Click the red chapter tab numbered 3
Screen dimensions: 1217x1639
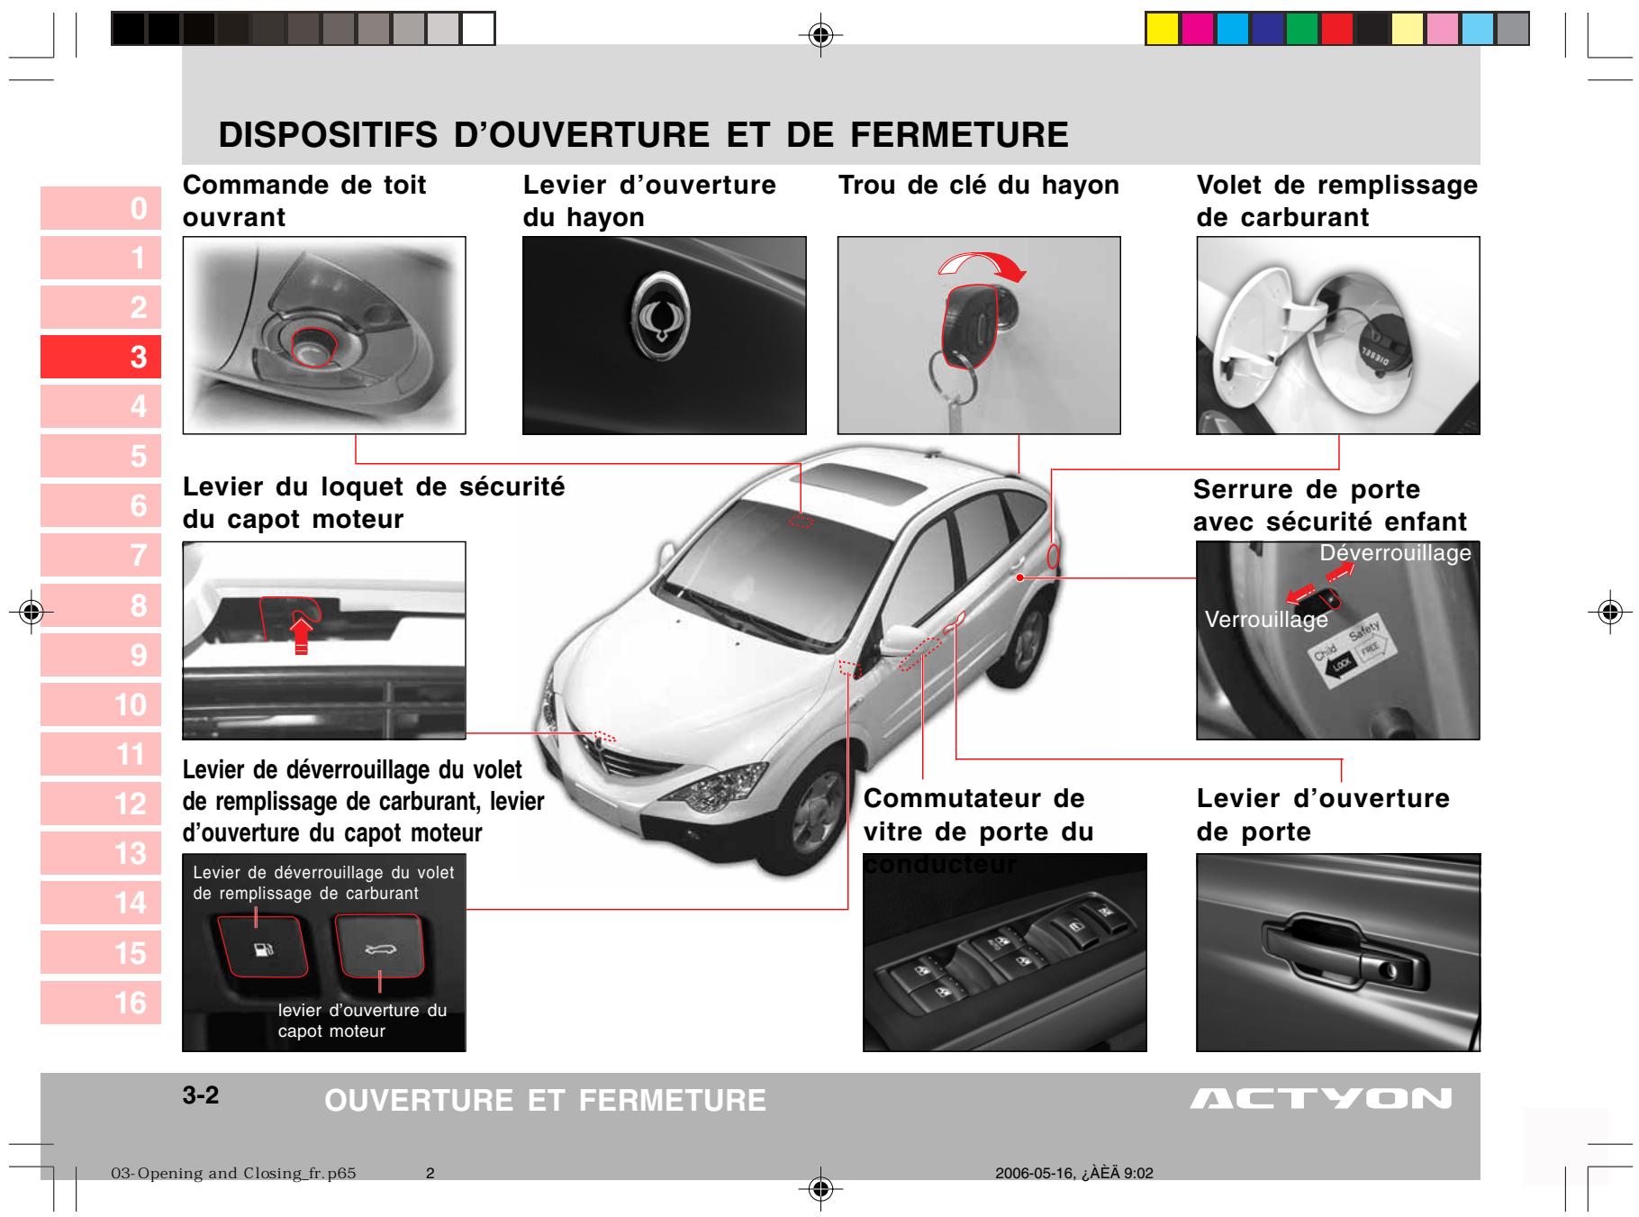pos(101,358)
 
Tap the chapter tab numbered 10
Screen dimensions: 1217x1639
pos(101,704)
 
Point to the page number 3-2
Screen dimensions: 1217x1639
pos(201,1096)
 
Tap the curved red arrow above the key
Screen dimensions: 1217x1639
pos(982,263)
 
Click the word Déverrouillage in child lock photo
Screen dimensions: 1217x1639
pos(1395,553)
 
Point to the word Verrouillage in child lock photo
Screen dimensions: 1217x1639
pos(1266,620)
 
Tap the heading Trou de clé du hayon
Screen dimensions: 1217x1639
pos(978,186)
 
